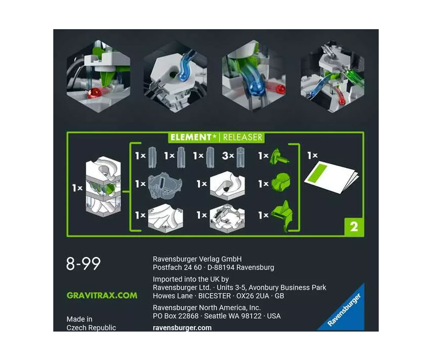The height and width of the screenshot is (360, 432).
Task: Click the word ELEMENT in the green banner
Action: click(190, 138)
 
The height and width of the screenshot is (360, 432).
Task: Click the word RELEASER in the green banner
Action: click(243, 138)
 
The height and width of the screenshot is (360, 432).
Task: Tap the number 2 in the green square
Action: click(354, 227)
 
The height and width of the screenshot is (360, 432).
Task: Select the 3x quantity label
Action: click(228, 156)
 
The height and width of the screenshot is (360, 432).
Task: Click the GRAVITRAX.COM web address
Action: click(102, 296)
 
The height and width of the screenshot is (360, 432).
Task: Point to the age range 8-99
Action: click(83, 264)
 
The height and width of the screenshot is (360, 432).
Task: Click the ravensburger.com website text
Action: click(182, 328)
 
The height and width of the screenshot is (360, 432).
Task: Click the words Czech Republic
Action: click(91, 328)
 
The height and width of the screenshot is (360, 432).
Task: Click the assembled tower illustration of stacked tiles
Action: click(103, 186)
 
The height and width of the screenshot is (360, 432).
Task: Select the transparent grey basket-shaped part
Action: click(165, 186)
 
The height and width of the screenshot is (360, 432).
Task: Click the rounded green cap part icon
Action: click(281, 182)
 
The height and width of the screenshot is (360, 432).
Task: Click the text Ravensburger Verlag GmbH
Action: click(197, 259)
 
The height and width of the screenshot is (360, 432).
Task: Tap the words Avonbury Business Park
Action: click(287, 288)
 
